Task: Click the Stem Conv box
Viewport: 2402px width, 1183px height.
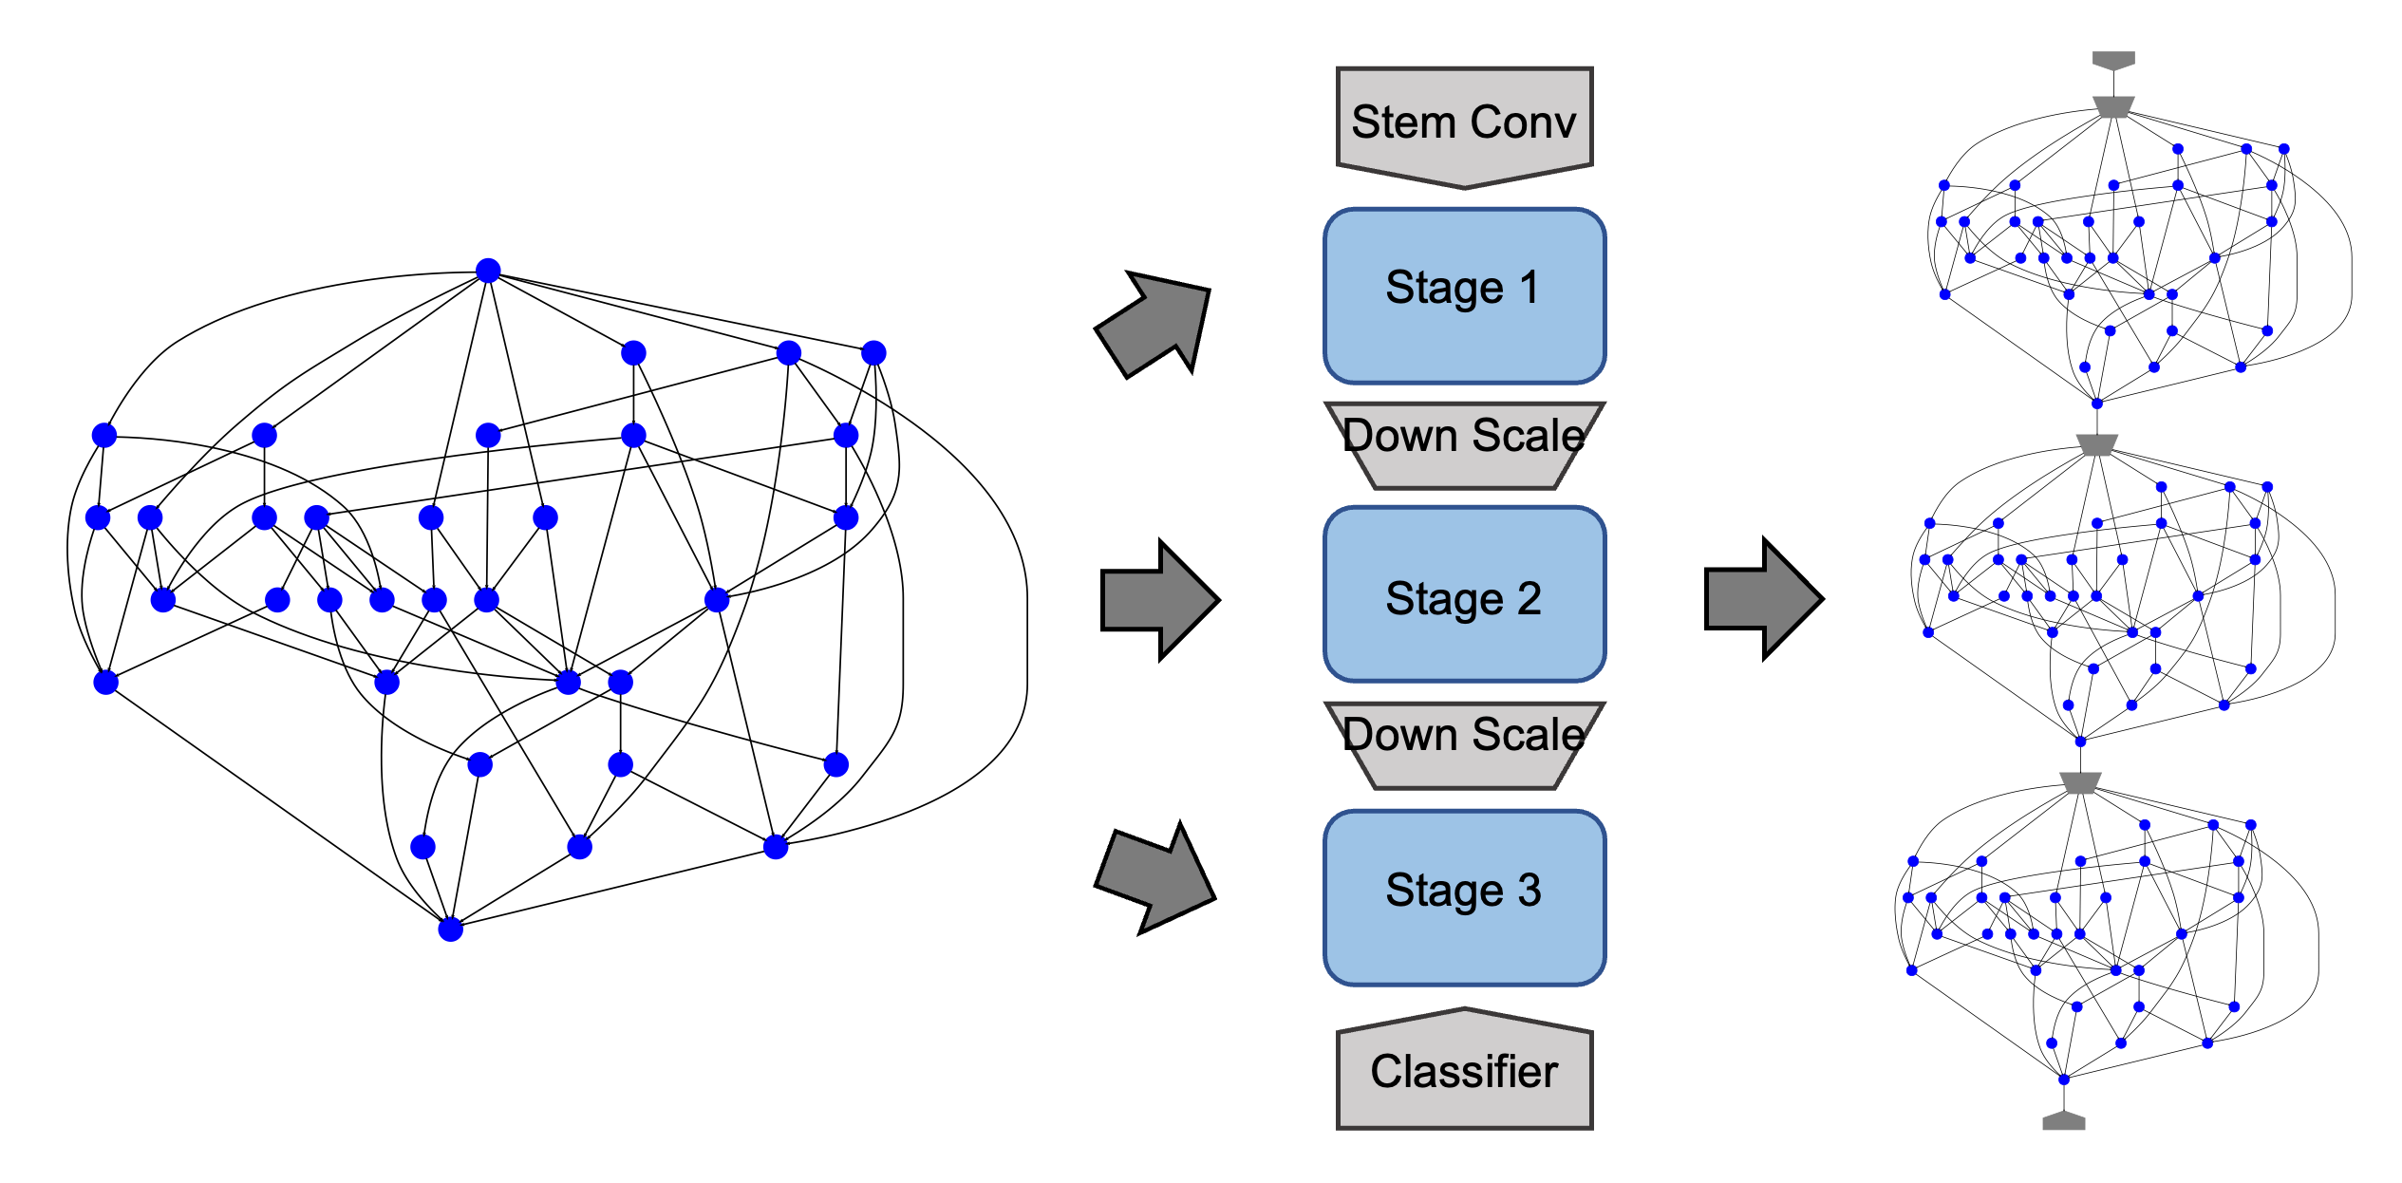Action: coord(1464,123)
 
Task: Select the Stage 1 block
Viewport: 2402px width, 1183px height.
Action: coord(1464,295)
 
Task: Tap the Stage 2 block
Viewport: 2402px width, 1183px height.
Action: coord(1464,594)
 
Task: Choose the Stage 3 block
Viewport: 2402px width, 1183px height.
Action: coord(1464,897)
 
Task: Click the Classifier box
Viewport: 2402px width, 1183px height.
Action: coord(1464,1073)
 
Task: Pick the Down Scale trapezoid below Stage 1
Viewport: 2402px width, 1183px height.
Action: coord(1464,444)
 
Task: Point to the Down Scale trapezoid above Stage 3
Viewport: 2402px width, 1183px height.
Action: coord(1464,744)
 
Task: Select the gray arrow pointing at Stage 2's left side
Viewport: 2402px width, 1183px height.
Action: coord(1158,600)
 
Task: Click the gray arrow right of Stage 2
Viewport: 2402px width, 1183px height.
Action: coord(1762,599)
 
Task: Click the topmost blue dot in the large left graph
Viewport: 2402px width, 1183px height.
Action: coord(488,271)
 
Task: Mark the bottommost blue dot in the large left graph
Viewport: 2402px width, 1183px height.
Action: coord(450,929)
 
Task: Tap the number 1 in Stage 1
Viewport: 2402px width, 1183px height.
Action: coord(1529,288)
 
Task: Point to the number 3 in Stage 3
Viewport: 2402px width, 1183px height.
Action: coord(1529,891)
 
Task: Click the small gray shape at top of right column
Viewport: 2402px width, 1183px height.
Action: coord(2113,60)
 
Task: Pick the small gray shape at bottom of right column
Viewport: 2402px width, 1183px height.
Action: coord(2063,1121)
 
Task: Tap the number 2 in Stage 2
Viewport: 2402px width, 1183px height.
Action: coord(1529,599)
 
